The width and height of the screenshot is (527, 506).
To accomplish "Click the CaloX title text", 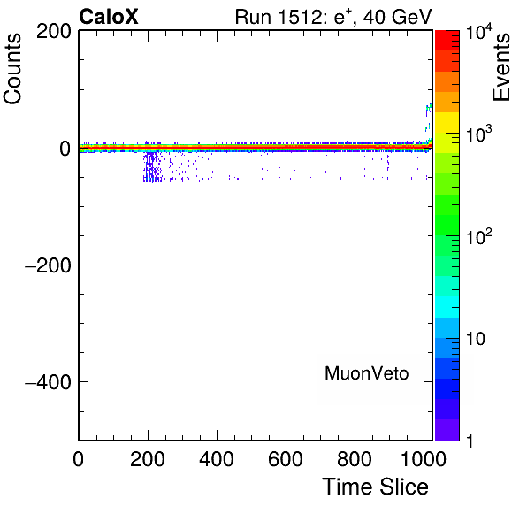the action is [109, 17].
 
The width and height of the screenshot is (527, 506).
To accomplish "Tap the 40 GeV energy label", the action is [397, 17].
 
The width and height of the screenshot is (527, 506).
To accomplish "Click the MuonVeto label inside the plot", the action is [366, 373].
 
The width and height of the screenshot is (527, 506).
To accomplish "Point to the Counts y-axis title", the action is [12, 69].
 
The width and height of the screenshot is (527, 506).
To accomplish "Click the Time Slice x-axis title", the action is [376, 487].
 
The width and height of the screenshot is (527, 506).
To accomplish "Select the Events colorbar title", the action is [500, 67].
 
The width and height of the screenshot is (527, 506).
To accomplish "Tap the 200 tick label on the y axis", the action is [54, 32].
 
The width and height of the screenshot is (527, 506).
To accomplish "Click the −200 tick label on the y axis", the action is [49, 265].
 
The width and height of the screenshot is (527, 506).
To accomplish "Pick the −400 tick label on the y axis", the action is [49, 382].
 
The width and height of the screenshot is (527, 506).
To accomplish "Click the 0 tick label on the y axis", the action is [65, 149].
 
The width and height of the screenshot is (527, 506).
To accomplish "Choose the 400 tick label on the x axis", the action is [217, 459].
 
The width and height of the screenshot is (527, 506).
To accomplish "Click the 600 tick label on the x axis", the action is [286, 459].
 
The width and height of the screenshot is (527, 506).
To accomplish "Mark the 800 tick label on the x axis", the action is [355, 459].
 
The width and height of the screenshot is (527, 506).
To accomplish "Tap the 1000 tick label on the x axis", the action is [424, 459].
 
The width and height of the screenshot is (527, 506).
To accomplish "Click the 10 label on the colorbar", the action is [476, 339].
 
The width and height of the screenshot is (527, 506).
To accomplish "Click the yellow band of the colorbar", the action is [447, 122].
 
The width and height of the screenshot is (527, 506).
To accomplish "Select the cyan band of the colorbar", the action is [447, 307].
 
